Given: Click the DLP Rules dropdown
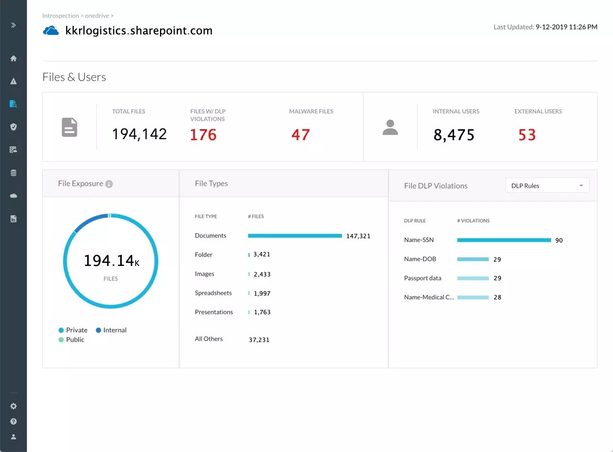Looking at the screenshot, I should coord(547,186).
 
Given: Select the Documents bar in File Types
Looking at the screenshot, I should coord(295,236).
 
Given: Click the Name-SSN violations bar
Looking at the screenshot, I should coord(504,240).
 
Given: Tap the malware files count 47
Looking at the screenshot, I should coord(300,135).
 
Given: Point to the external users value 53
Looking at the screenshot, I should coord(527,135).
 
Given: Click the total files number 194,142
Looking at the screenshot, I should coord(139,134).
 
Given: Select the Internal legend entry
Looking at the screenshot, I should coord(111,330).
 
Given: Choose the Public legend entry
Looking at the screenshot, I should coord(71,340).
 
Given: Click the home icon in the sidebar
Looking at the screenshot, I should coord(13,58).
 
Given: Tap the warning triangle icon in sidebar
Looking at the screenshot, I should coord(13,81).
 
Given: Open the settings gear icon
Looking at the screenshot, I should coord(13,406).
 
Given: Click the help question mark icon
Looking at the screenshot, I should coord(13,421).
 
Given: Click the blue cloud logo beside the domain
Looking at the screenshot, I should coord(51,31).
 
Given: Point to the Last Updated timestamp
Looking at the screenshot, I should coord(545,27).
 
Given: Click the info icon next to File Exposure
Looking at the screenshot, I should coord(109,184).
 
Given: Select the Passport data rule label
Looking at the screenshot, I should coord(422,278).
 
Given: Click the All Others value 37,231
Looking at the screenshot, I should coord(259,340).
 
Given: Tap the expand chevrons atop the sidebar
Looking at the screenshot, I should coord(13,25).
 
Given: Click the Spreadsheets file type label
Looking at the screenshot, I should coord(213,293).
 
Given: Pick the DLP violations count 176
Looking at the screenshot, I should coord(203,135).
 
